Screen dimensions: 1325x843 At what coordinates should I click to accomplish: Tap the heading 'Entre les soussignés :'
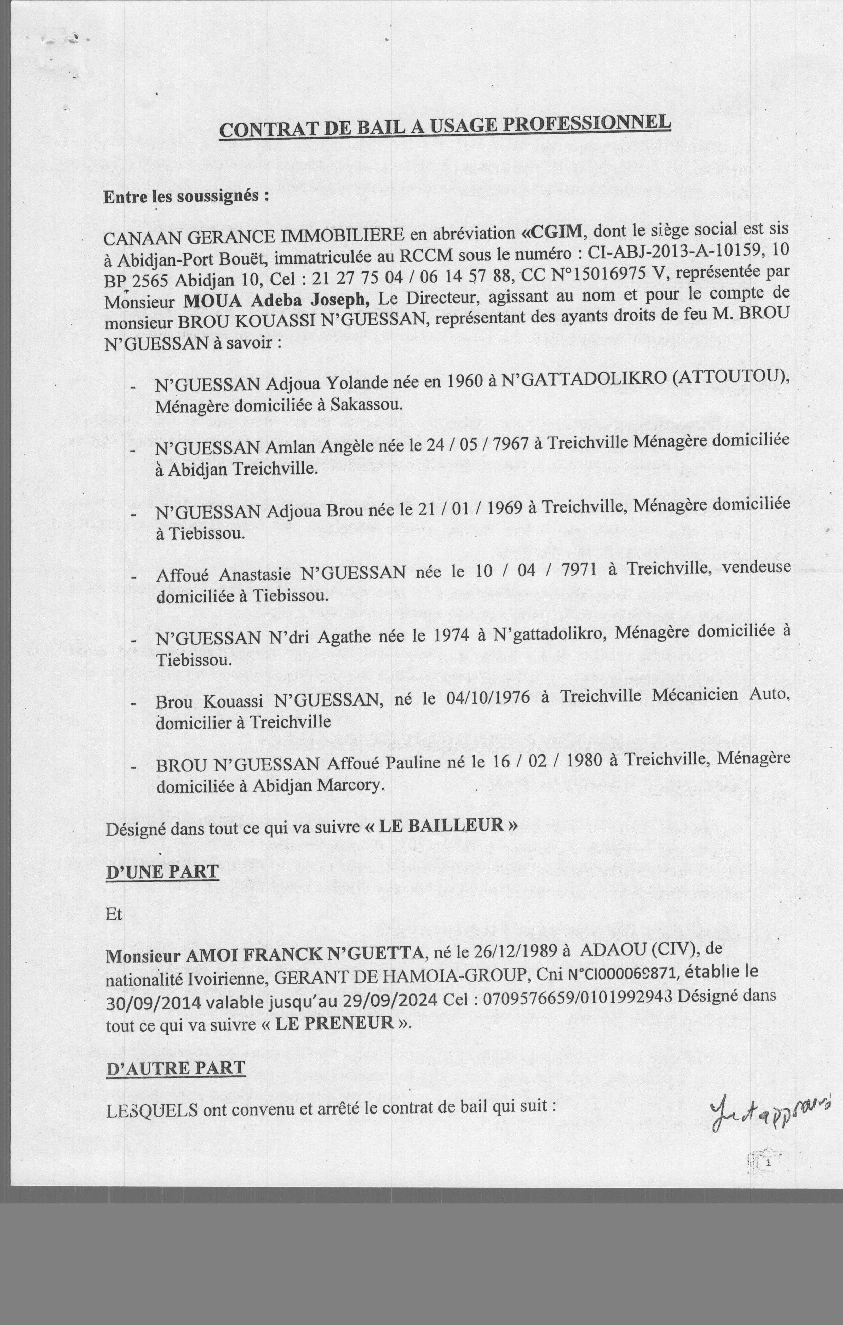186,197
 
